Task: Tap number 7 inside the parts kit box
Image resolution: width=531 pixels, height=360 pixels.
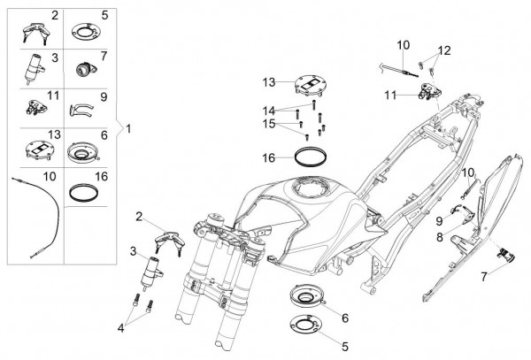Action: pyautogui.click(x=104, y=56)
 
